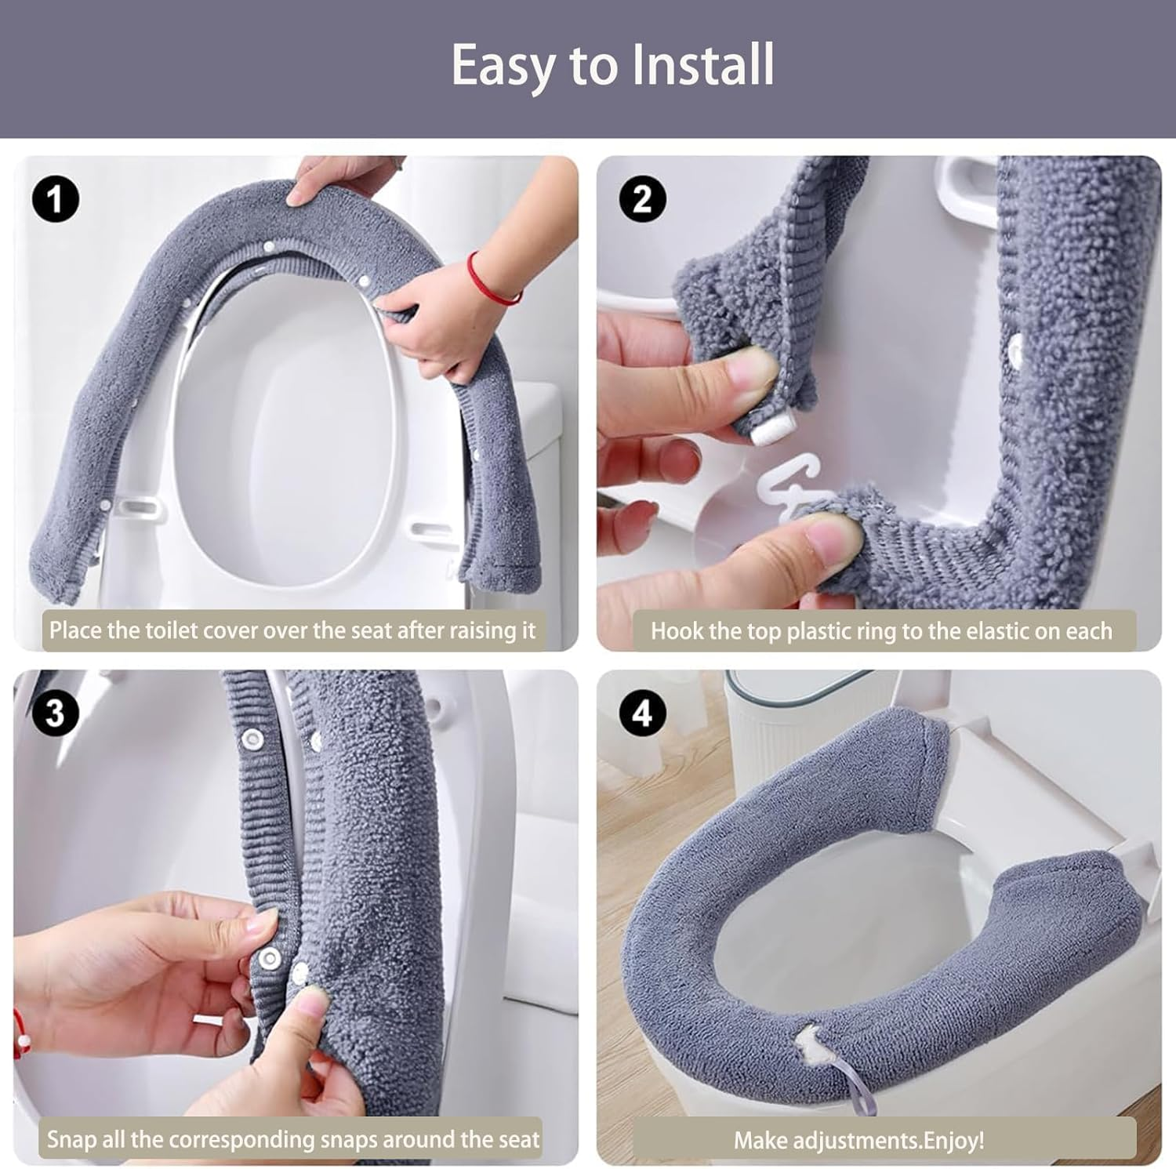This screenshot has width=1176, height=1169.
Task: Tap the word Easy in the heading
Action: [x=502, y=66]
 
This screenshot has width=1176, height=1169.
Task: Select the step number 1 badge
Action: [x=56, y=199]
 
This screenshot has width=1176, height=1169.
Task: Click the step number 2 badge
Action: [x=642, y=199]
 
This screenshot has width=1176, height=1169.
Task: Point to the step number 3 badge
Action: [x=56, y=713]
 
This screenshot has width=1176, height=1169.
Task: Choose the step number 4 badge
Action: [x=642, y=713]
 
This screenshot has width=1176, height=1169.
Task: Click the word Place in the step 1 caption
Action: [x=74, y=630]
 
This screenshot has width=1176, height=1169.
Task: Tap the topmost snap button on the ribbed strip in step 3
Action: [x=252, y=738]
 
